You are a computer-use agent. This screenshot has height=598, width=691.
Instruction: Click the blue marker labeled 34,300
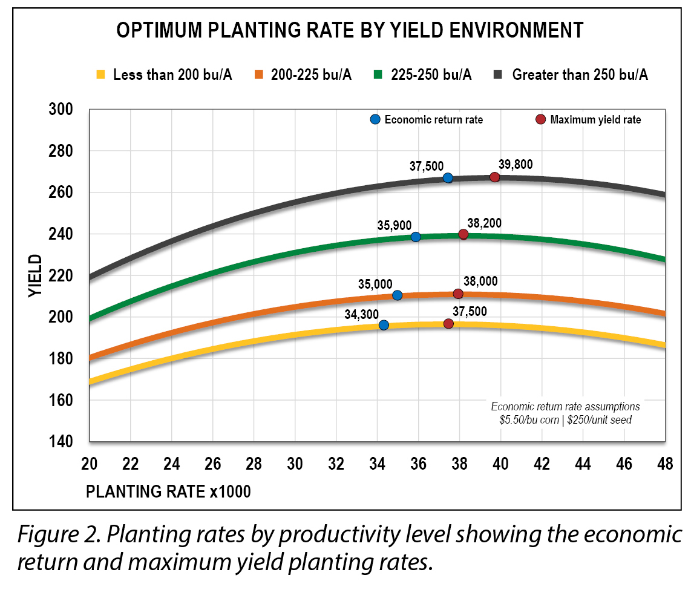tap(384, 325)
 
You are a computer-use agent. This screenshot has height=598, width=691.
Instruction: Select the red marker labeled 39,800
tap(494, 177)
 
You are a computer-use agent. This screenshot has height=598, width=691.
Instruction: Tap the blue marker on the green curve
tap(415, 237)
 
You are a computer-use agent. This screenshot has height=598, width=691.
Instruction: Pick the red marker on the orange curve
tap(458, 294)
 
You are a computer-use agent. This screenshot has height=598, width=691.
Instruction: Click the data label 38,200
tap(484, 223)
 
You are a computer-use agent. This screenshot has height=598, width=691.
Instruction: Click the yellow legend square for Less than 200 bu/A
tap(101, 75)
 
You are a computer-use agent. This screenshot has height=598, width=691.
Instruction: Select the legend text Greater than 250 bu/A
tap(580, 75)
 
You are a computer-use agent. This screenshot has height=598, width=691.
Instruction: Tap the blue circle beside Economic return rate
tap(375, 119)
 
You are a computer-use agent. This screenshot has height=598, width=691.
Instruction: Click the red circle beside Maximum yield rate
tap(541, 119)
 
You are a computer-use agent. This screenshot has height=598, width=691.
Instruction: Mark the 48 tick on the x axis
tap(664, 465)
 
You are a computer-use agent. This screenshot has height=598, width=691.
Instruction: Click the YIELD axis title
tap(36, 275)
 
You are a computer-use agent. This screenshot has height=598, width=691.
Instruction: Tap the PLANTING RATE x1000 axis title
tap(168, 491)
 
